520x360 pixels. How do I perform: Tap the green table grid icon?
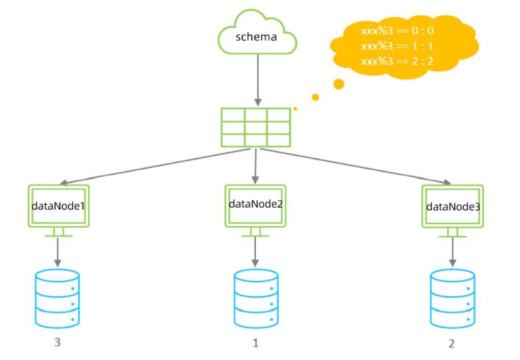click(256, 127)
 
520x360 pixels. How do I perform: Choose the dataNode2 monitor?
click(255, 206)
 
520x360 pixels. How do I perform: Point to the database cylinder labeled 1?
click(255, 299)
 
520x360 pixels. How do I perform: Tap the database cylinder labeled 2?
click(452, 299)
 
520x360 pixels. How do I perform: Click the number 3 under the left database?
click(57, 342)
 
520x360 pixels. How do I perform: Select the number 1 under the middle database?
click(255, 343)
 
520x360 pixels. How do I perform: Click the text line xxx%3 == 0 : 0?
click(397, 32)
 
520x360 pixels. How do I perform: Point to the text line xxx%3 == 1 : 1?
click(397, 47)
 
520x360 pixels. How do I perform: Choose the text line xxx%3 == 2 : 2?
click(397, 61)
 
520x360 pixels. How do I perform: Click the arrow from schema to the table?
click(257, 79)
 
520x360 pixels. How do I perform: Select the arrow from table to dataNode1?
click(159, 167)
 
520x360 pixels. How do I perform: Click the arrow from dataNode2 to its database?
click(255, 252)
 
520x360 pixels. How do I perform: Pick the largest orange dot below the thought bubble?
click(339, 84)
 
